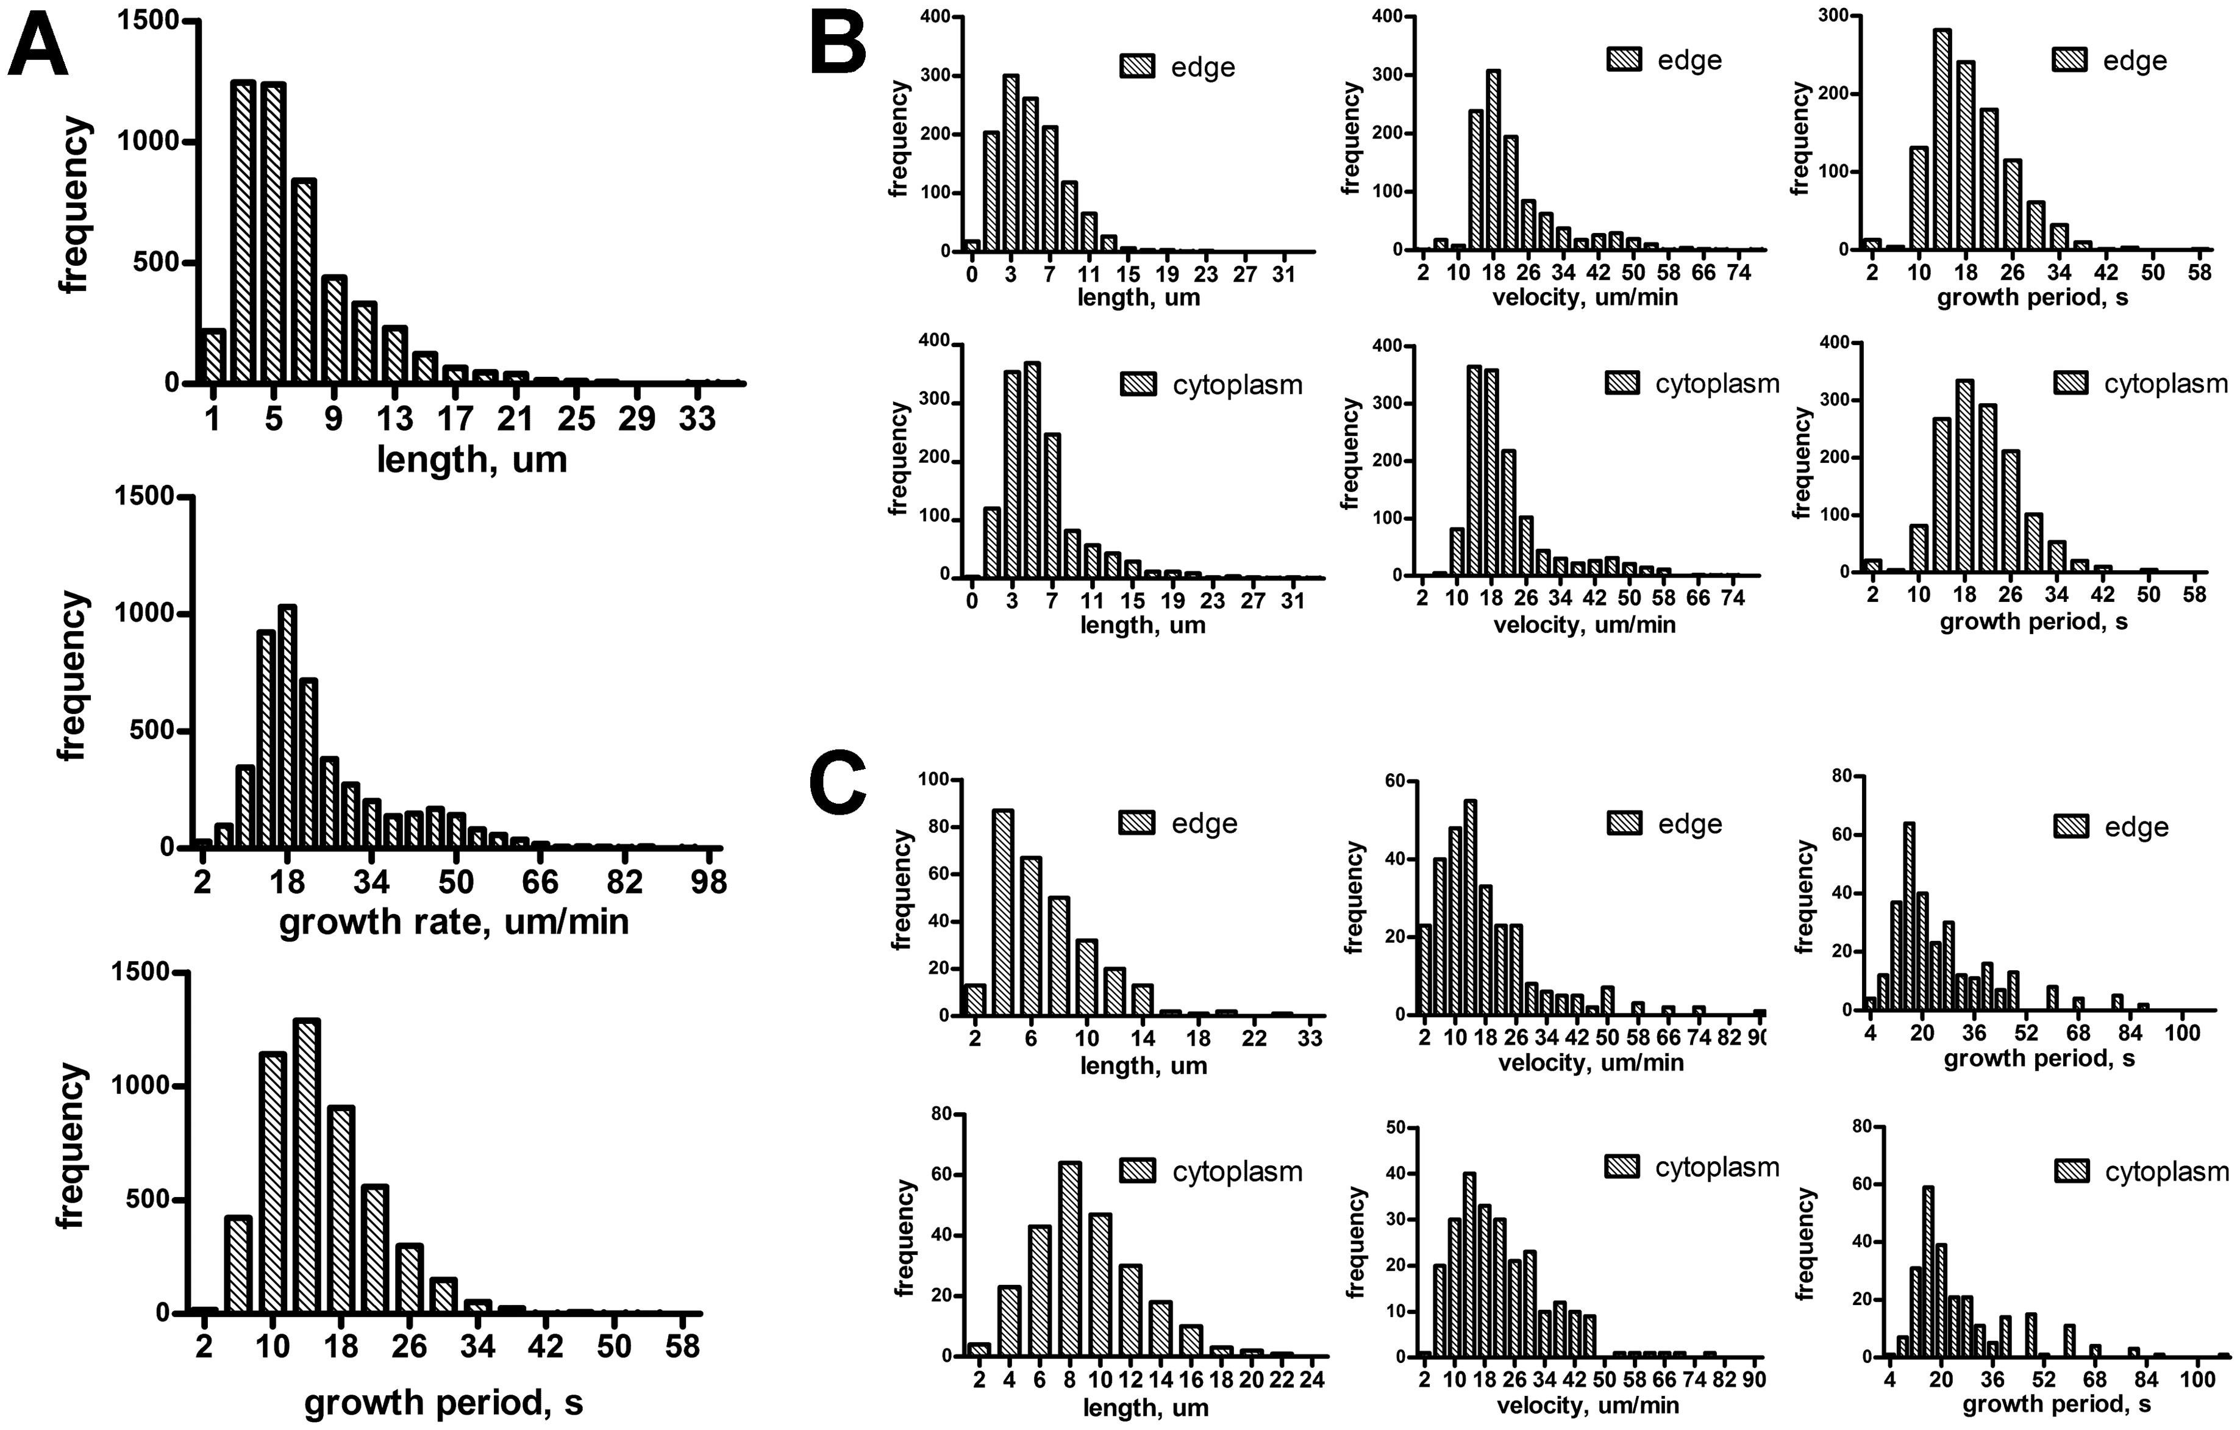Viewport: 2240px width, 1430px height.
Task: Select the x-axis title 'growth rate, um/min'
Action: pos(454,921)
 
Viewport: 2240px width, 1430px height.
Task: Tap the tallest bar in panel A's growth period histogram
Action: pos(307,1165)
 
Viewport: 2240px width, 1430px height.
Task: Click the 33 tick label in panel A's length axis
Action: pos(697,419)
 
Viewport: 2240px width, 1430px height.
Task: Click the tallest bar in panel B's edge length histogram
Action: pos(1010,164)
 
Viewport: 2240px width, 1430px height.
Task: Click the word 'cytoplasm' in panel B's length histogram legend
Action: pos(1237,384)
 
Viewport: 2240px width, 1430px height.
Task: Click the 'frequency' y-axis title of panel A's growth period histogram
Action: pos(71,1146)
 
